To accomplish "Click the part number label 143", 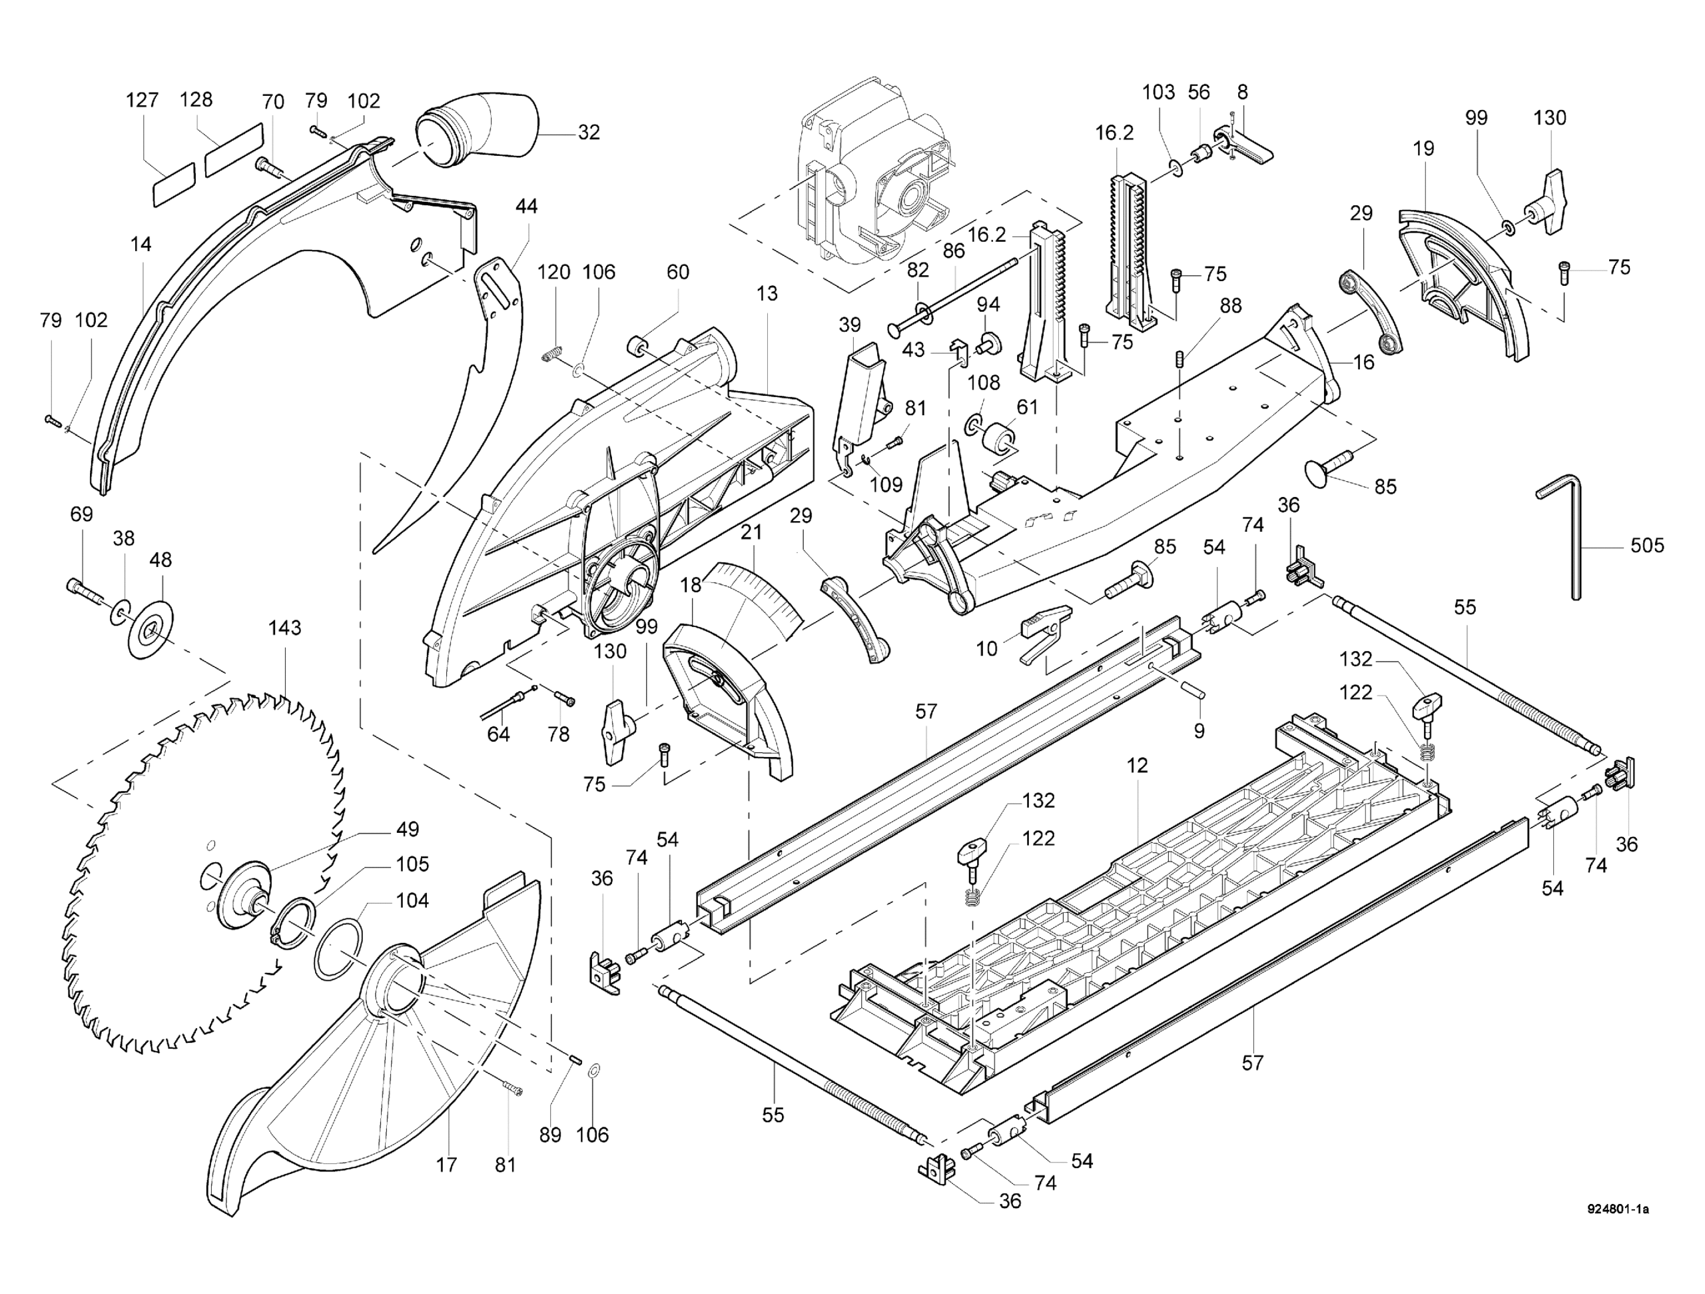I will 284,628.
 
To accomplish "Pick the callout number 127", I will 142,100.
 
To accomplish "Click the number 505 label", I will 1647,546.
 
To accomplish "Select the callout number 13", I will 767,294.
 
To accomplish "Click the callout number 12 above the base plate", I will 1137,766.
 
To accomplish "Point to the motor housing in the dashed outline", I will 871,177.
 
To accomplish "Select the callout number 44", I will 526,207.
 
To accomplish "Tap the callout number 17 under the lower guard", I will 446,1165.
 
